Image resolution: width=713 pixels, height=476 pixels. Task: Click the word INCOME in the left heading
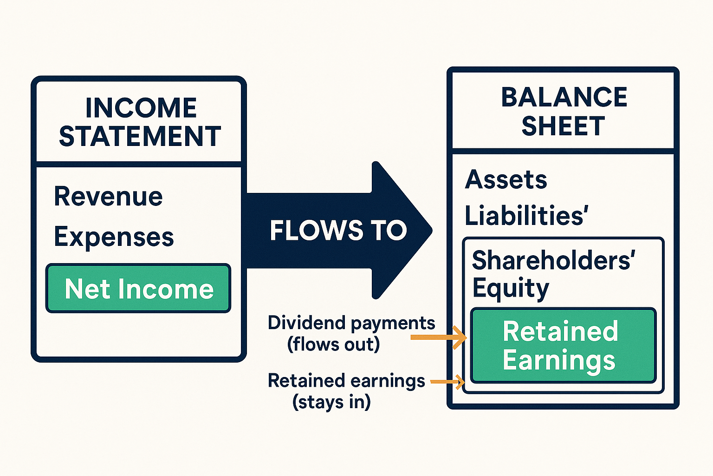pyautogui.click(x=141, y=108)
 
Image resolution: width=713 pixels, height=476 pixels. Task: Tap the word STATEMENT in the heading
pyautogui.click(x=140, y=137)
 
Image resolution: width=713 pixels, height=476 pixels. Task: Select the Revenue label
pyautogui.click(x=108, y=196)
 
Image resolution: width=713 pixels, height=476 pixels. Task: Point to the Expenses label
pyautogui.click(x=114, y=237)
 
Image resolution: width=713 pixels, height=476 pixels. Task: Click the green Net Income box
pyautogui.click(x=138, y=289)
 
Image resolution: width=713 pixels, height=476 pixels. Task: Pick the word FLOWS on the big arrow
pyautogui.click(x=316, y=231)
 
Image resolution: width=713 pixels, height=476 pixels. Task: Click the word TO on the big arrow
pyautogui.click(x=388, y=231)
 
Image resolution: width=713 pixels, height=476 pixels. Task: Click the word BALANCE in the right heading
pyautogui.click(x=564, y=97)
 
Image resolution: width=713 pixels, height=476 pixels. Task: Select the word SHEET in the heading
pyautogui.click(x=563, y=126)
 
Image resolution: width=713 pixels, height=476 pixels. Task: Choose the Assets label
pyautogui.click(x=506, y=179)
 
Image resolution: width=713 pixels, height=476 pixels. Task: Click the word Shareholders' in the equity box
pyautogui.click(x=552, y=260)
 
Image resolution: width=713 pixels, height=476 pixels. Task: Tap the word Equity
pyautogui.click(x=511, y=288)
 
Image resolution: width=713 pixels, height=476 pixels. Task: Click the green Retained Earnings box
pyautogui.click(x=563, y=345)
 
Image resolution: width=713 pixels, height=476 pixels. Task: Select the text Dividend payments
pyautogui.click(x=351, y=323)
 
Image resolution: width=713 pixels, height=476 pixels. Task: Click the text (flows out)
pyautogui.click(x=333, y=344)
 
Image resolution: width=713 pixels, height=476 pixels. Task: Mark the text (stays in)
pyautogui.click(x=331, y=402)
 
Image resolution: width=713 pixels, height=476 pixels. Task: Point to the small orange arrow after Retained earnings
pyautogui.click(x=447, y=382)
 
